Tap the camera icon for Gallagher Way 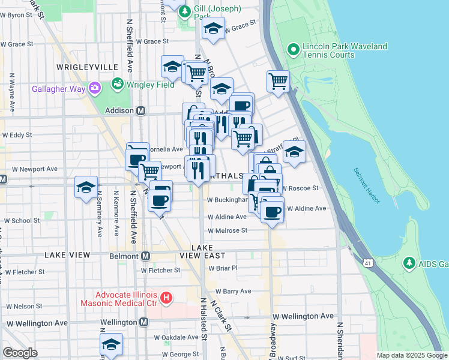click(x=94, y=89)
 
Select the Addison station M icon click(x=141, y=111)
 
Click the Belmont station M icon click(x=145, y=256)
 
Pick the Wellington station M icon click(x=143, y=322)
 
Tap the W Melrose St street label click(x=228, y=230)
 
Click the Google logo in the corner click(x=20, y=353)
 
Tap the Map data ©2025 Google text click(x=412, y=355)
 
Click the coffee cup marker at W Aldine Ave click(x=272, y=212)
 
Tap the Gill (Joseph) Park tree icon click(x=185, y=11)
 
